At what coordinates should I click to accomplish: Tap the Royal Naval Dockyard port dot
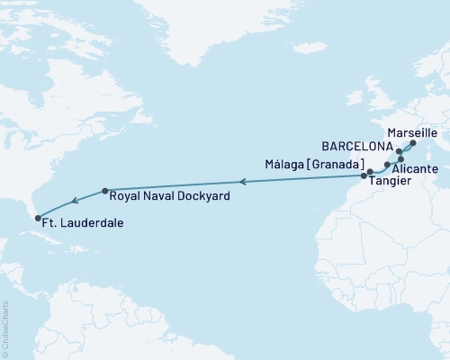(105, 191)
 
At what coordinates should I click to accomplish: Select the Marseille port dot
(413, 143)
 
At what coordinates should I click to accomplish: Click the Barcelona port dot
(399, 152)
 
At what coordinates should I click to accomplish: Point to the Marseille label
(411, 131)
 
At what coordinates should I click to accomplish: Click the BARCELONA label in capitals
(358, 146)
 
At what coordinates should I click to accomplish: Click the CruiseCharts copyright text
(5, 328)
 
